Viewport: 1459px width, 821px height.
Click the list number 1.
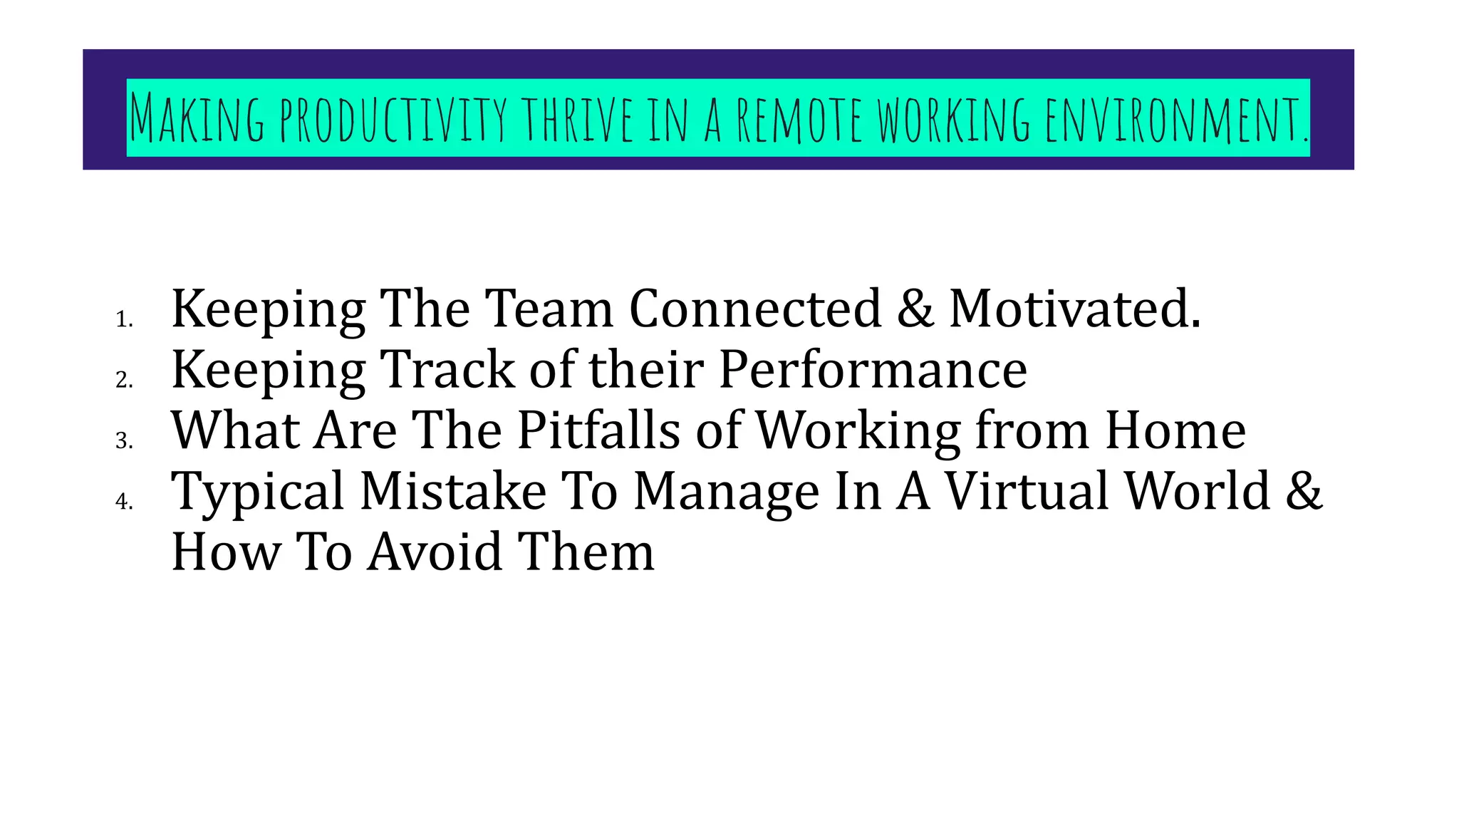click(124, 319)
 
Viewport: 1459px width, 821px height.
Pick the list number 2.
click(124, 380)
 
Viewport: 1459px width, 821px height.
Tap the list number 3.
click(124, 441)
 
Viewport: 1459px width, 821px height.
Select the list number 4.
click(124, 502)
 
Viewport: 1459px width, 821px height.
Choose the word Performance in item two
click(873, 370)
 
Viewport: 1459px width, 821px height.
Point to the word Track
click(447, 370)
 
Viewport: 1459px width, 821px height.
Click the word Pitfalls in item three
click(598, 430)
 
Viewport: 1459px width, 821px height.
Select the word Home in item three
click(1175, 430)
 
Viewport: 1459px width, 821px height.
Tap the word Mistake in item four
click(453, 492)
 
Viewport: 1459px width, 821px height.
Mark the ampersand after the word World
click(1304, 492)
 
